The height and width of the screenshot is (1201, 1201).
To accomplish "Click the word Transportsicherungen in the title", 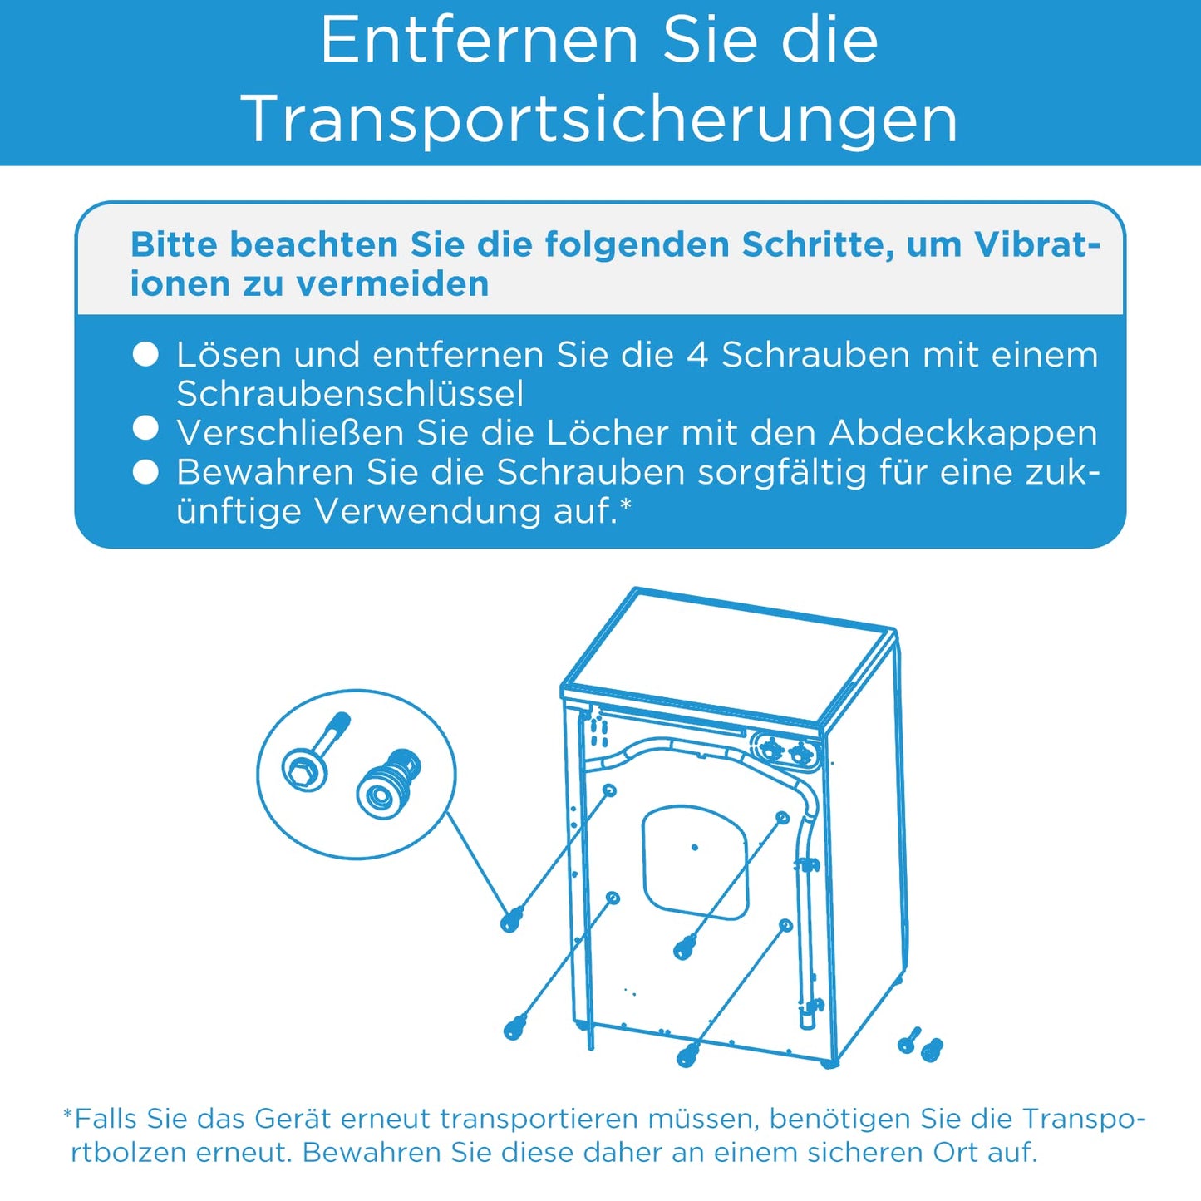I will [599, 120].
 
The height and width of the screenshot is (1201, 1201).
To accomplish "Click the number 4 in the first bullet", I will [697, 355].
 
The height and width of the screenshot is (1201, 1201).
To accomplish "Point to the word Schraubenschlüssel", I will [350, 394].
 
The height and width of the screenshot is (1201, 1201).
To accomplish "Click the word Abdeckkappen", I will [963, 433].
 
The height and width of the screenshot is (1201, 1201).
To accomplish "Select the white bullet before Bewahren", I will [145, 472].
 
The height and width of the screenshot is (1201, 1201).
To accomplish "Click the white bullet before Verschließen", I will [145, 429].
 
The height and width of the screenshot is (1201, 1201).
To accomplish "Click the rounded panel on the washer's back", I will [695, 861].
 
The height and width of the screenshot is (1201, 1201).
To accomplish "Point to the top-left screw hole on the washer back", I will [609, 790].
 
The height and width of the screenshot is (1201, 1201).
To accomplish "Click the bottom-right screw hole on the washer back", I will [785, 925].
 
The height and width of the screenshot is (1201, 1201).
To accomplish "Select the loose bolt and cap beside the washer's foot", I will [921, 1045].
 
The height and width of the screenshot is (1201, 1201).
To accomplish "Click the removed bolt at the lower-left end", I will [515, 1027].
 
